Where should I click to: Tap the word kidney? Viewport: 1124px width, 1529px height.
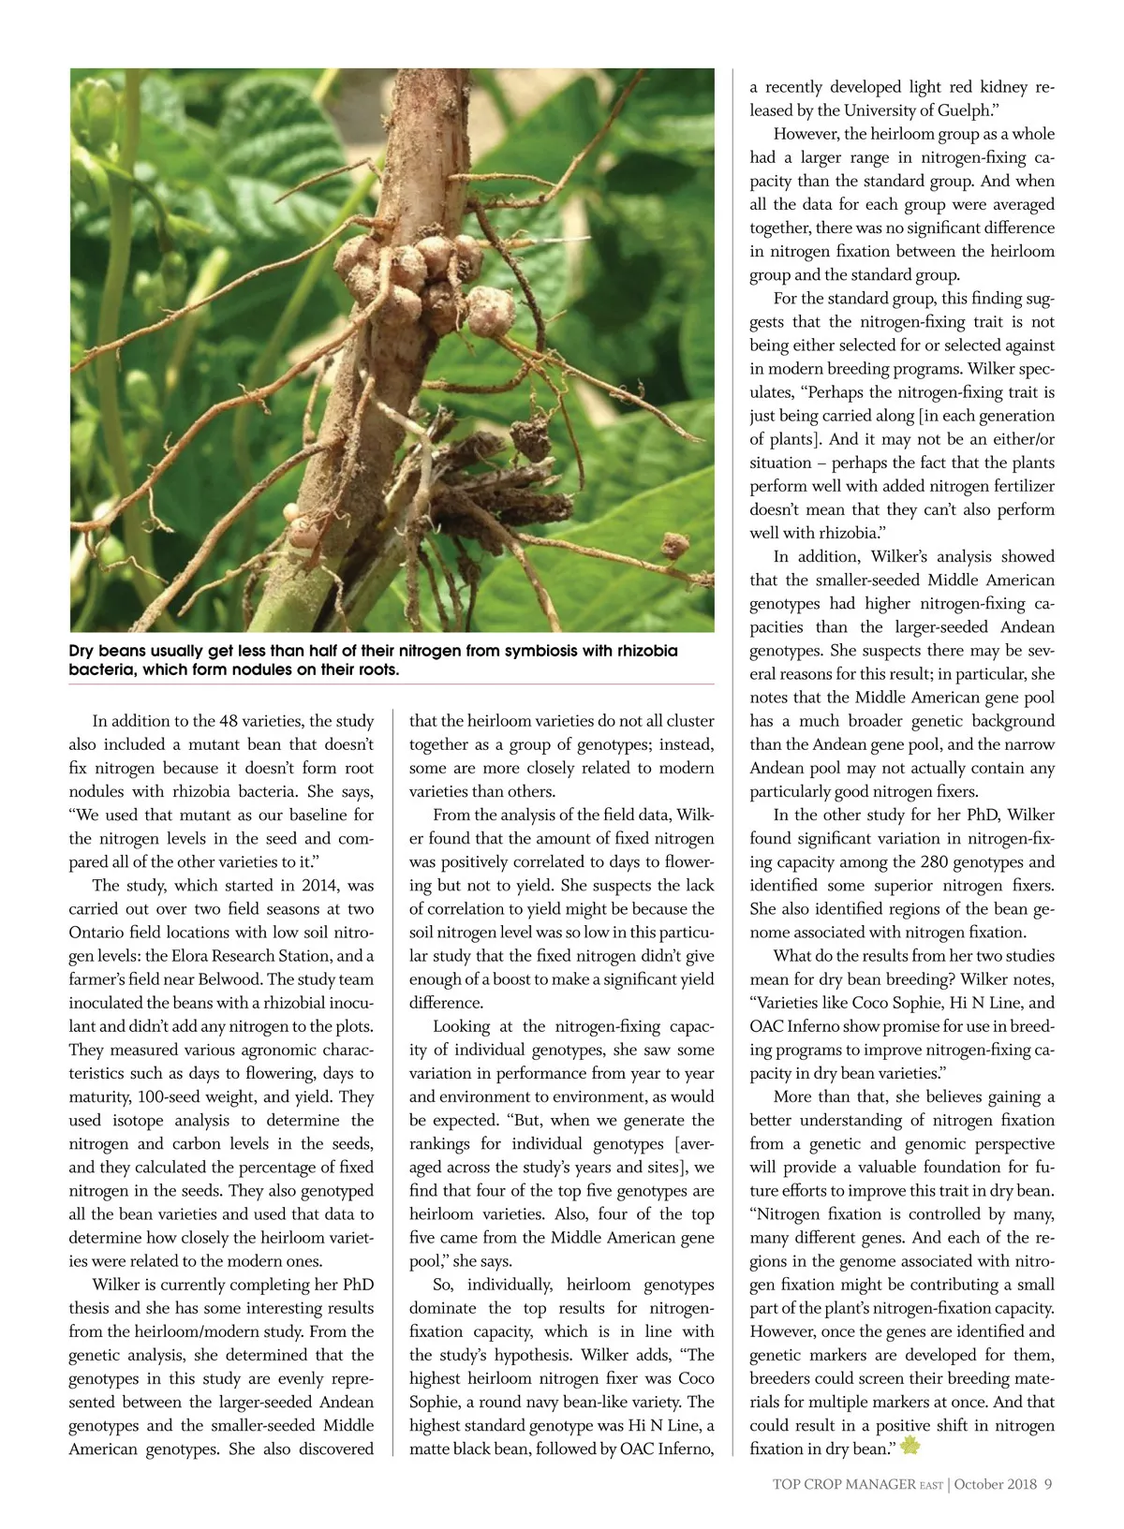point(995,87)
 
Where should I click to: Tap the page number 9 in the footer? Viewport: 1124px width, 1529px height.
point(1049,1483)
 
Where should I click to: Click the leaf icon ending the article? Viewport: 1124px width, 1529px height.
point(909,1448)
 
